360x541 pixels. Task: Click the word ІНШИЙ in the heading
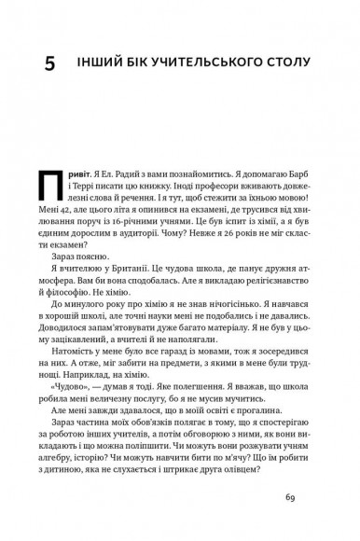[x=102, y=64]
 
